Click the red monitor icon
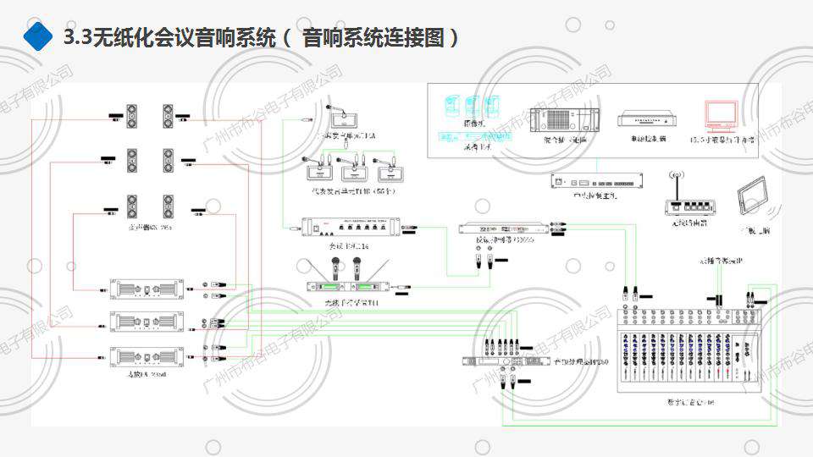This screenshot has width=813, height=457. (x=722, y=116)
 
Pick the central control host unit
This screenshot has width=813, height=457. (x=596, y=181)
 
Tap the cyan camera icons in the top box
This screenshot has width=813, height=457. (x=470, y=107)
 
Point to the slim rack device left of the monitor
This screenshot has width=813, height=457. (x=650, y=120)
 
